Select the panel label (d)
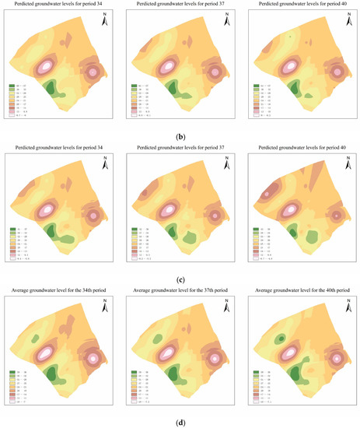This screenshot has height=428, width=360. (x=180, y=422)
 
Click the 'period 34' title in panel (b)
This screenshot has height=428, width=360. (x=59, y=6)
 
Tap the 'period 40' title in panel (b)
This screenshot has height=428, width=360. (x=301, y=6)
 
